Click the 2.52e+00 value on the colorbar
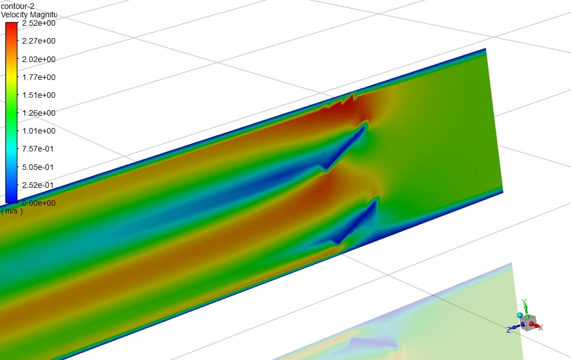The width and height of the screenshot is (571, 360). point(39,23)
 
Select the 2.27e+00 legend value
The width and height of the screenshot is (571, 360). point(39,41)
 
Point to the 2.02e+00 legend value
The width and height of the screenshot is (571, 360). point(39,59)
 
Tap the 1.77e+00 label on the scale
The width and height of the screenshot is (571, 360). point(39,77)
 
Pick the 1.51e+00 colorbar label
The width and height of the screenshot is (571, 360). point(39,94)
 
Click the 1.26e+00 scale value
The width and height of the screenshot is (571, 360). point(39,113)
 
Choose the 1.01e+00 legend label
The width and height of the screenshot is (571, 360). point(39,131)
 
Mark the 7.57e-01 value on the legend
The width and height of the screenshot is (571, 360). point(38,149)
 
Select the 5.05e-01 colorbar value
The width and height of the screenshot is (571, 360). point(38,167)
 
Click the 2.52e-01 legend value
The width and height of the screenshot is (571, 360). point(38,184)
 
